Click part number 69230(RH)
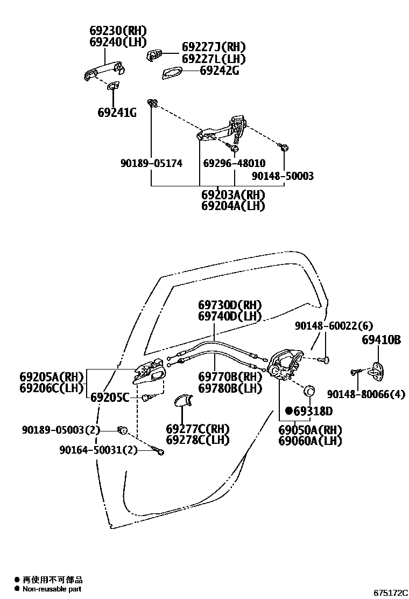pos(117,31)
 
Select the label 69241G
pos(117,113)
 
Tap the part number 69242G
pos(220,70)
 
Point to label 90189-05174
pos(151,163)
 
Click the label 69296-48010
pos(234,163)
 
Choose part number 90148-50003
pos(283,176)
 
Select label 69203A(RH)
pos(233,194)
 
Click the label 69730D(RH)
pos(229,304)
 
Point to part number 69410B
pos(381,340)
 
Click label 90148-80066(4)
pos(366,395)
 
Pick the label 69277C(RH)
pos(198,429)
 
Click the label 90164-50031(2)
pos(98,450)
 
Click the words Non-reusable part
pos(52,589)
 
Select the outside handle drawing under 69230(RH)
pos(104,72)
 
